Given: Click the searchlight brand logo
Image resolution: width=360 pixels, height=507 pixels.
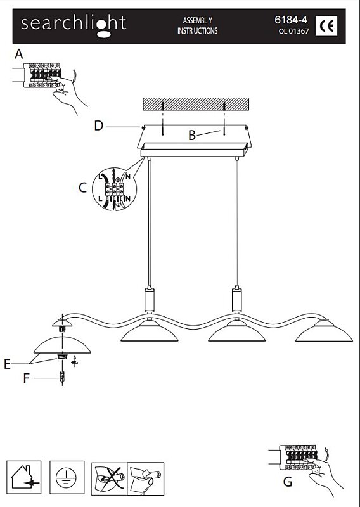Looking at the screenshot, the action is tap(74, 25).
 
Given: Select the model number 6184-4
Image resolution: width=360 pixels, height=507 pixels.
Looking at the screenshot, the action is tap(291, 20).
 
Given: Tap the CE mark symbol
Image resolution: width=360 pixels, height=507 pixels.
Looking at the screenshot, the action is tap(326, 26).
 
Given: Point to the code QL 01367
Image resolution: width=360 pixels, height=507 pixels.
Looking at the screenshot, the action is tap(293, 31).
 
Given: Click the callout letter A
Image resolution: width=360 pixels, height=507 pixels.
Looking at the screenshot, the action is tap(19, 54).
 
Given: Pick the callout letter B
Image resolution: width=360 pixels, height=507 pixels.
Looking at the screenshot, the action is tap(192, 136).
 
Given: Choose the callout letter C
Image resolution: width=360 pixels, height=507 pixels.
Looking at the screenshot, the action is tap(83, 188).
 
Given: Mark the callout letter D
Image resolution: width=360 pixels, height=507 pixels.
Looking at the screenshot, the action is tap(98, 125).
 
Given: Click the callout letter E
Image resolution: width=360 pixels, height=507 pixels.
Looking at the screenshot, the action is tap(7, 364).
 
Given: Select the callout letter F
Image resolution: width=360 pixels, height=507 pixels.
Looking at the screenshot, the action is tap(27, 378).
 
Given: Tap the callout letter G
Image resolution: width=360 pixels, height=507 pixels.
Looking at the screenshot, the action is tap(288, 482).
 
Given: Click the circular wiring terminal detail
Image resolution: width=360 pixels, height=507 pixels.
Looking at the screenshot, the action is tap(115, 189).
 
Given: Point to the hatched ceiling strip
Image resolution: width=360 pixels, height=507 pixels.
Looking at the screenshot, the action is tap(196, 104).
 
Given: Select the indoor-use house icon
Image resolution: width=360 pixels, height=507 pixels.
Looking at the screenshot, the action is tap(24, 477).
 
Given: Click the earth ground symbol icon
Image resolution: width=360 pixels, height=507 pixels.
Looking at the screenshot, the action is tap(67, 477).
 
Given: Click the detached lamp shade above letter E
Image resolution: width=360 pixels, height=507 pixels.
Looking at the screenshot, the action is tap(62, 345).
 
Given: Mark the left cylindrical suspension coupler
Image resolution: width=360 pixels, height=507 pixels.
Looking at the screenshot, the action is tap(149, 300).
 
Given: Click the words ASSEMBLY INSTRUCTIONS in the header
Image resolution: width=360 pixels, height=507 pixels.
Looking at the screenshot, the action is tap(197, 25).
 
